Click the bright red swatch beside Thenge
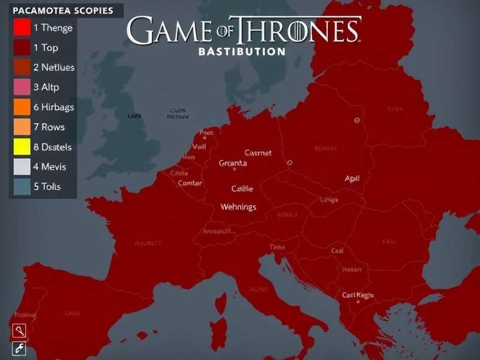tap(21, 28)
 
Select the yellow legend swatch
tap(21, 147)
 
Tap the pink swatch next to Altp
tap(21, 87)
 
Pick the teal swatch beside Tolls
tap(21, 187)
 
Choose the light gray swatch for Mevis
tap(21, 167)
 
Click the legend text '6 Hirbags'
tap(53, 107)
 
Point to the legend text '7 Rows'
tap(49, 127)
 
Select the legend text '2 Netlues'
tap(54, 67)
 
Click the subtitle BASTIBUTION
tap(241, 52)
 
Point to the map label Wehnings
tap(238, 207)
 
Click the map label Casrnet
tap(258, 153)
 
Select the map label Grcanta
tap(233, 163)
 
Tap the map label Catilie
tap(242, 188)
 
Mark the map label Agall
tap(352, 178)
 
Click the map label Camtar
tap(190, 183)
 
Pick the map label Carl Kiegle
tap(358, 295)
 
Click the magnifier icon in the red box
tap(19, 331)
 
